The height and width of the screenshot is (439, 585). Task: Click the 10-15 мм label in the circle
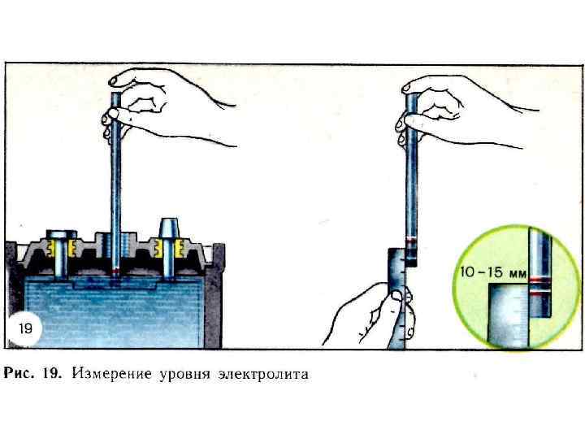click(x=492, y=272)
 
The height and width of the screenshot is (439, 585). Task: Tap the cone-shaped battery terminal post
click(x=169, y=230)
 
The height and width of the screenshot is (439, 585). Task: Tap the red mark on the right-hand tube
click(x=411, y=241)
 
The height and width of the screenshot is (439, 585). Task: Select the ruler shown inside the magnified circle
click(x=508, y=313)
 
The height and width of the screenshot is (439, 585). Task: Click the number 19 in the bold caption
click(x=53, y=375)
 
